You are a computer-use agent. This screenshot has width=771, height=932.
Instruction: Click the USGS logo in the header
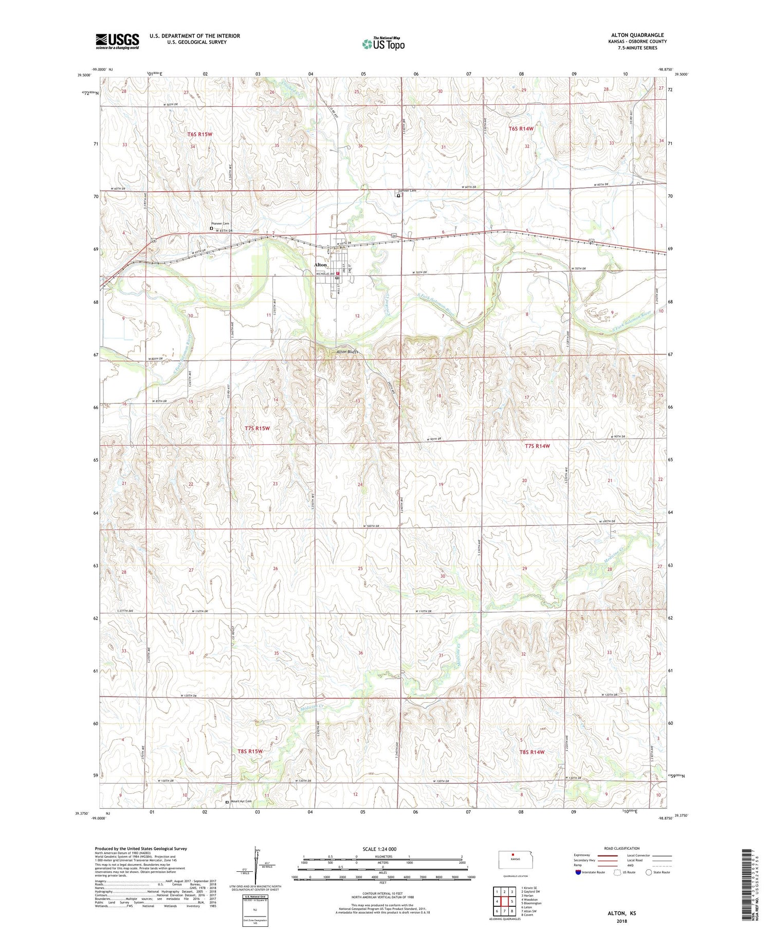click(x=117, y=41)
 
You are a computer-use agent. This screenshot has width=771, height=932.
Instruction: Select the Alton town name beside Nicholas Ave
click(x=320, y=265)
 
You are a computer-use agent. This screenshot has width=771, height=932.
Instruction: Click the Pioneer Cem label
click(x=220, y=224)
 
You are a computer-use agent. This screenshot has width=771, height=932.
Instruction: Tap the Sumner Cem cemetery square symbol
click(x=398, y=195)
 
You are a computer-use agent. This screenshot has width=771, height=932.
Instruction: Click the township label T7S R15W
click(x=257, y=428)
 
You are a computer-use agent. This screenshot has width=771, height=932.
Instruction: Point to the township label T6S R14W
click(x=521, y=129)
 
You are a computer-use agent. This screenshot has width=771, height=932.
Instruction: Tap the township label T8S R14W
click(x=531, y=752)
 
